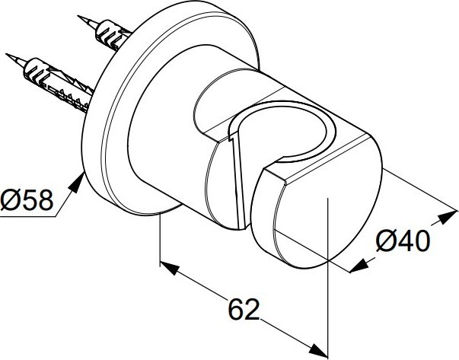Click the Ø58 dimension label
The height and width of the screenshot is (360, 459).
coord(27,200)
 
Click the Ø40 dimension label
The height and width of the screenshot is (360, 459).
coord(403,241)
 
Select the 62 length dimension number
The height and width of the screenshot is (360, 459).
coord(244,309)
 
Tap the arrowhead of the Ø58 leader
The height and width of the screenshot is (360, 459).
coord(78,183)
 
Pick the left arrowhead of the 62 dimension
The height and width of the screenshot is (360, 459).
coord(170,267)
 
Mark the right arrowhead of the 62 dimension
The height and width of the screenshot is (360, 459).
coord(318,350)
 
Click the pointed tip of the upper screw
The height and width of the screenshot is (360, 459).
coord(78,17)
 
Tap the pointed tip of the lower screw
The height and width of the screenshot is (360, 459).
coord(7,55)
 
